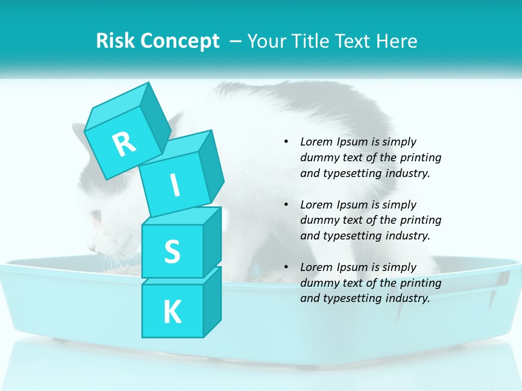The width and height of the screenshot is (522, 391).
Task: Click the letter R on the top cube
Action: click(x=125, y=144)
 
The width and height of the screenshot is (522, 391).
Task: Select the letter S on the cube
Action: click(x=172, y=251)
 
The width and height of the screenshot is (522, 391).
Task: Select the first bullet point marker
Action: click(x=286, y=142)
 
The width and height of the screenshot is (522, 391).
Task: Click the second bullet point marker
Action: click(x=286, y=205)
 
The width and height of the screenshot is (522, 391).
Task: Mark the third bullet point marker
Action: click(x=286, y=267)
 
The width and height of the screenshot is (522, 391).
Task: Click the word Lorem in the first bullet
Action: click(x=315, y=142)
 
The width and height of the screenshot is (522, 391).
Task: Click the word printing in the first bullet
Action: click(x=422, y=157)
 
